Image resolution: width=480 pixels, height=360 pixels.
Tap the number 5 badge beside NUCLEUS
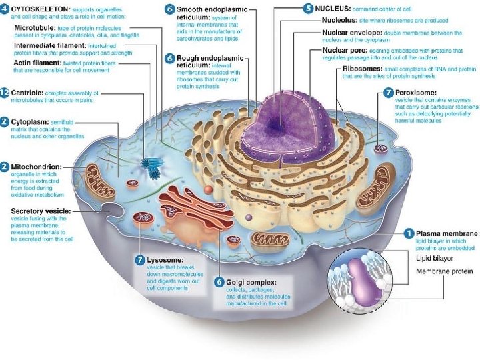pyautogui.click(x=308, y=8)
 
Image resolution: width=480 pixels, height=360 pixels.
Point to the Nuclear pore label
pyautogui.click(x=345, y=50)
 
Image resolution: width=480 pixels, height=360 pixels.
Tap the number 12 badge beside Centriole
pyautogui.click(x=5, y=93)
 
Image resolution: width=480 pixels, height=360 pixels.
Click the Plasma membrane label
pyautogui.click(x=447, y=233)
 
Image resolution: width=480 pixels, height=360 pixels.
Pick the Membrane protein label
pyautogui.click(x=445, y=271)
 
